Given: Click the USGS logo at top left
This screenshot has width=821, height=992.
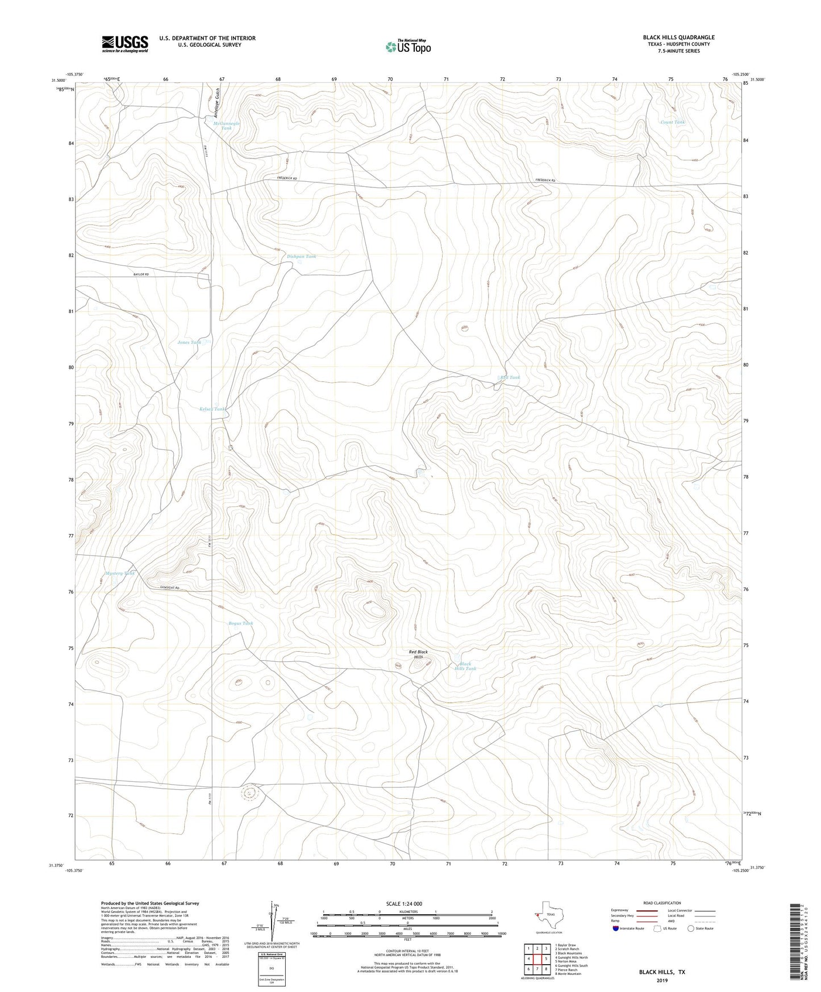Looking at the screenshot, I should [125, 44].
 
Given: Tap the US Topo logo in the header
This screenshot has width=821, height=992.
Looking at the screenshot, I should [408, 47].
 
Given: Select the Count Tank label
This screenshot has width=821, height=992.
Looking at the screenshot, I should [673, 122].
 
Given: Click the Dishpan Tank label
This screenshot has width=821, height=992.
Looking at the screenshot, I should [301, 256].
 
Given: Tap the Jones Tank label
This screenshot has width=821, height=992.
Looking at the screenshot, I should [189, 342].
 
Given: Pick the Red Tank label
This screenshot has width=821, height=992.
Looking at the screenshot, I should [510, 377].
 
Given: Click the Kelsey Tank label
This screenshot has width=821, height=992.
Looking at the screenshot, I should [213, 409].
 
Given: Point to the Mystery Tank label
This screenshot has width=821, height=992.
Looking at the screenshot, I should [120, 573].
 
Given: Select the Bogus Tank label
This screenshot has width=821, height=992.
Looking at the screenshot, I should [241, 623].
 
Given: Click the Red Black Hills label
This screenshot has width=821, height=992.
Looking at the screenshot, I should [419, 655].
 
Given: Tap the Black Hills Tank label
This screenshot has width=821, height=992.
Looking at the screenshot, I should [465, 666].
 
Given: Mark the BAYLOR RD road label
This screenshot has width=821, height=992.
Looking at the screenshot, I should [141, 274].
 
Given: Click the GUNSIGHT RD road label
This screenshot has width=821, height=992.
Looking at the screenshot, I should [169, 587].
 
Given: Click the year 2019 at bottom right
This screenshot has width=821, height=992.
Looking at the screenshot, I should [662, 980].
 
